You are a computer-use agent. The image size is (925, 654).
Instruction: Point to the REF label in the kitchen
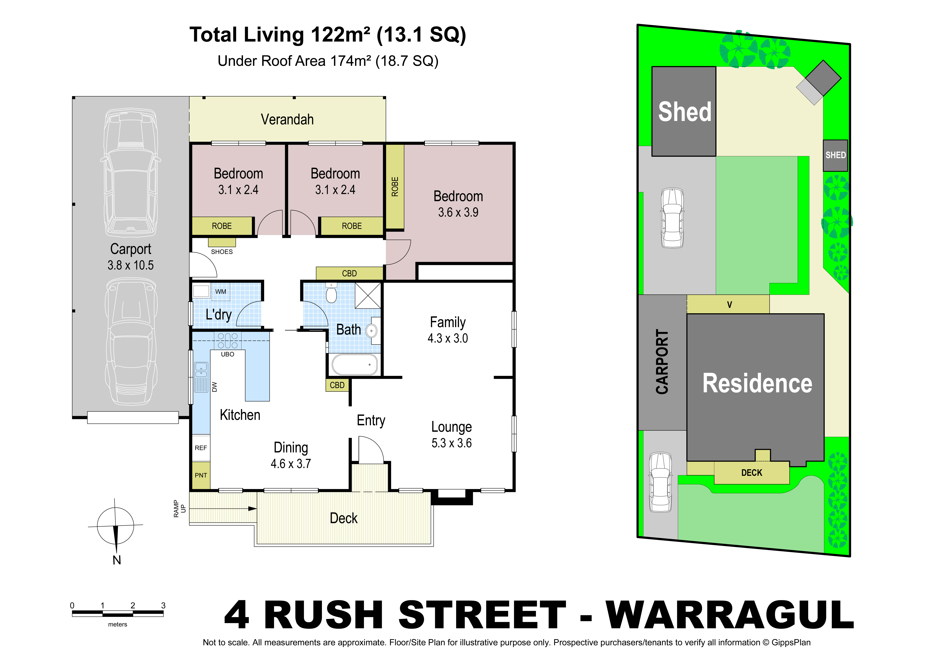point(201,448)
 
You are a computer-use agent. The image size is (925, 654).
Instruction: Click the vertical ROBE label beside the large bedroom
point(395,187)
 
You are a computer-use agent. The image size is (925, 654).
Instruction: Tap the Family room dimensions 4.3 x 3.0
point(448,338)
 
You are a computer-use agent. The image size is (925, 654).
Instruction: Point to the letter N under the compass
point(117,560)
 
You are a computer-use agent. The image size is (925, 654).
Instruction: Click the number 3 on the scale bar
point(163,605)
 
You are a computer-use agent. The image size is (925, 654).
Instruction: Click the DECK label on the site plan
point(752,473)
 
